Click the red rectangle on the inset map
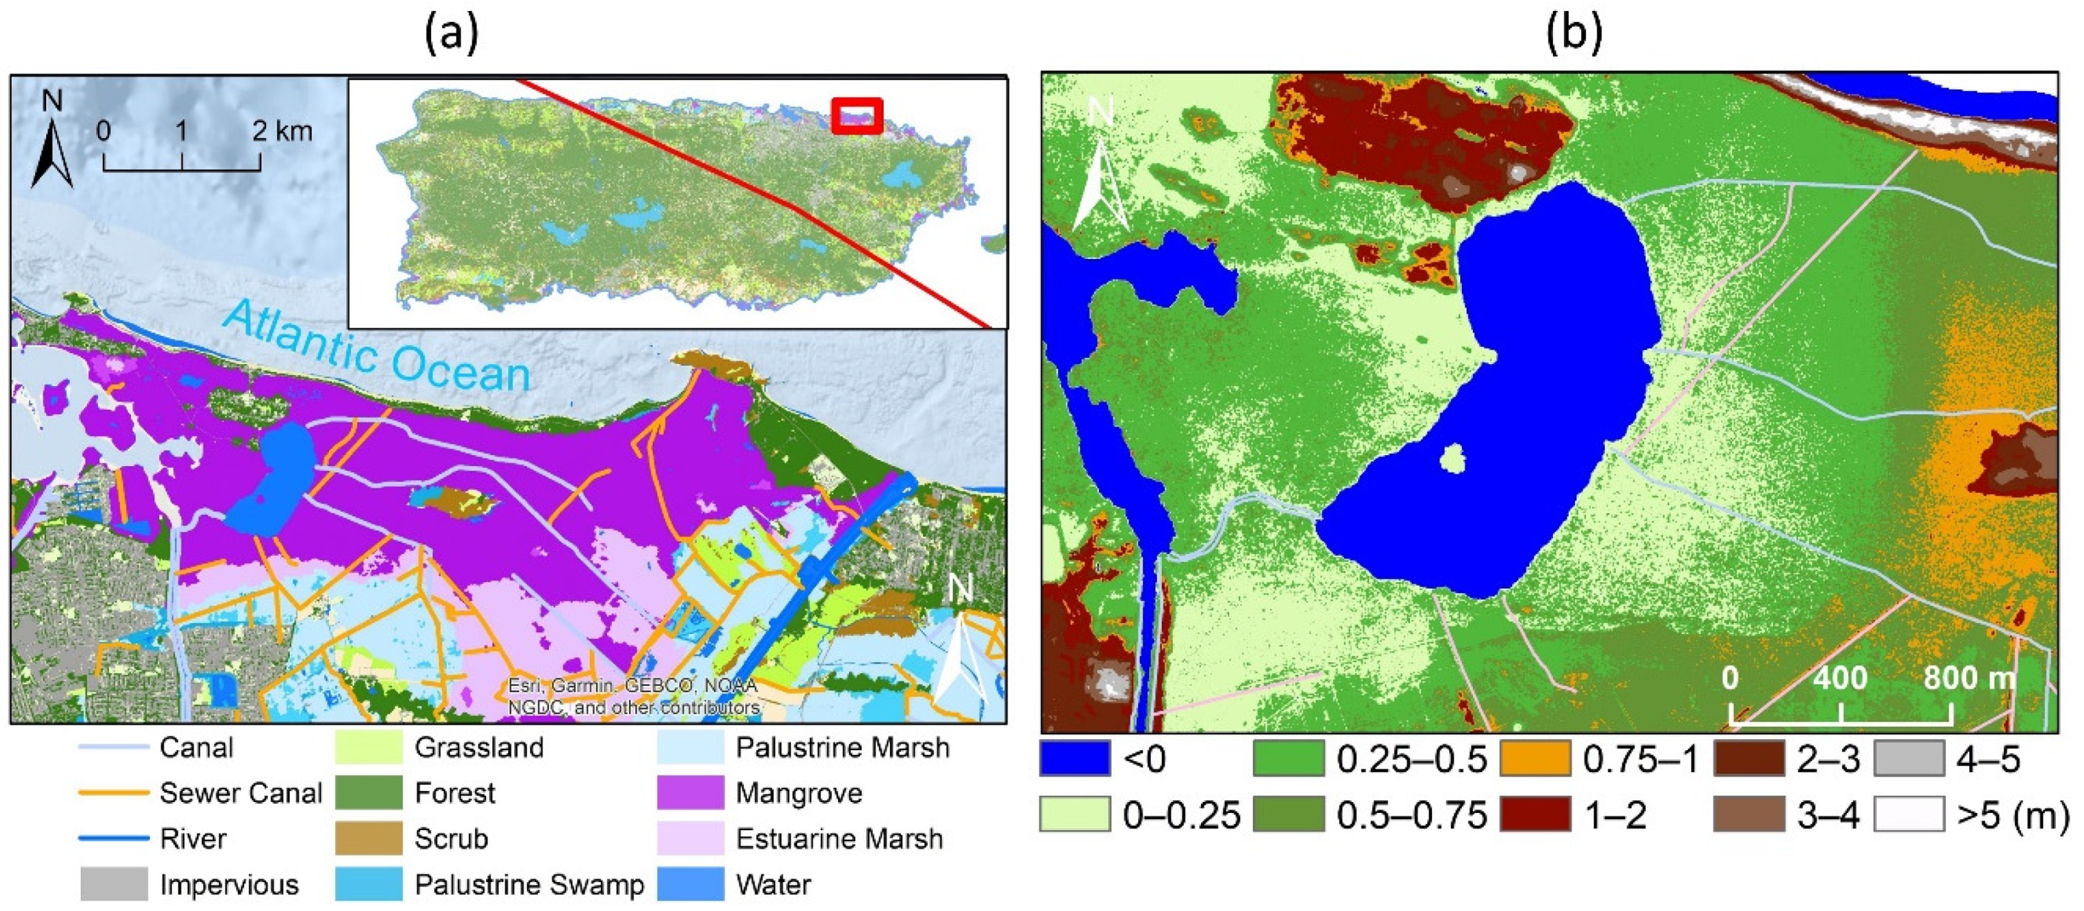pos(857,115)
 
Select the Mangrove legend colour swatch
pos(690,793)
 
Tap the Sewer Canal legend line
pos(113,793)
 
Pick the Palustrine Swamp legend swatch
pos(368,884)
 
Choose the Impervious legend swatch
pos(113,884)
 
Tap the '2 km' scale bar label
pos(282,131)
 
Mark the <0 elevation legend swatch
pos(1074,759)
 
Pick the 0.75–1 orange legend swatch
pos(1534,759)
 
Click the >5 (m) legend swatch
pos(1909,815)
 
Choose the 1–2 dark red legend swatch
pos(1534,815)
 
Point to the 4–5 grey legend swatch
pos(1909,759)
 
